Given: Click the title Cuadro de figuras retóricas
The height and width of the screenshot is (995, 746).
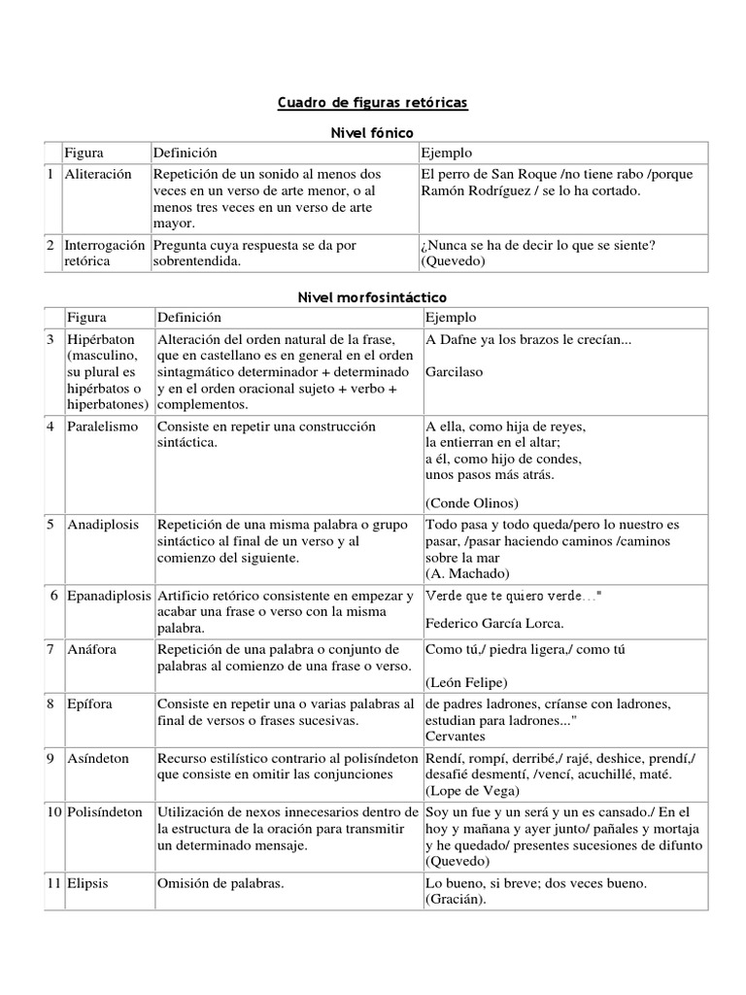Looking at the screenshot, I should click(373, 102).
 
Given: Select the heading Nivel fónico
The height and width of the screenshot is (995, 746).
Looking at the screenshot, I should click(373, 132).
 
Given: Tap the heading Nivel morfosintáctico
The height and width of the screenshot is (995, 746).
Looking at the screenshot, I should click(373, 297).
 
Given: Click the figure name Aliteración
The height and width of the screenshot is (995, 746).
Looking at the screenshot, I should click(97, 174).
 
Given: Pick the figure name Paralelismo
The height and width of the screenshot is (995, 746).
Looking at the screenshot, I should click(103, 427).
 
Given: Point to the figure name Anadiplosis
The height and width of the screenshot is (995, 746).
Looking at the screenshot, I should click(104, 525).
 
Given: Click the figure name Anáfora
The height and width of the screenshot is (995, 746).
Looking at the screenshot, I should click(93, 649).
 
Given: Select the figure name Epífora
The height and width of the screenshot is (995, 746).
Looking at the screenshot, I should click(91, 703).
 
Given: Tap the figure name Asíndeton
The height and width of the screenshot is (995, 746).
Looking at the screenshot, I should click(98, 759).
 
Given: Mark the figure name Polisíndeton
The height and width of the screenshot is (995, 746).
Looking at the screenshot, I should click(105, 812).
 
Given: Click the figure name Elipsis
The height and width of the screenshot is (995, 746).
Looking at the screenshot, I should click(89, 884).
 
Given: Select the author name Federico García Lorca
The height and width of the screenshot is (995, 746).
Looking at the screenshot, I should click(494, 623).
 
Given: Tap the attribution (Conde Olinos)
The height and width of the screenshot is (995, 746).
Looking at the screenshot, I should click(472, 502).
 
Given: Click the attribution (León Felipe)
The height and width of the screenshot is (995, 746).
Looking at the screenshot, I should click(466, 682).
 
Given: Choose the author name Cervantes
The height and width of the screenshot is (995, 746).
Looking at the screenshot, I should click(455, 736).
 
